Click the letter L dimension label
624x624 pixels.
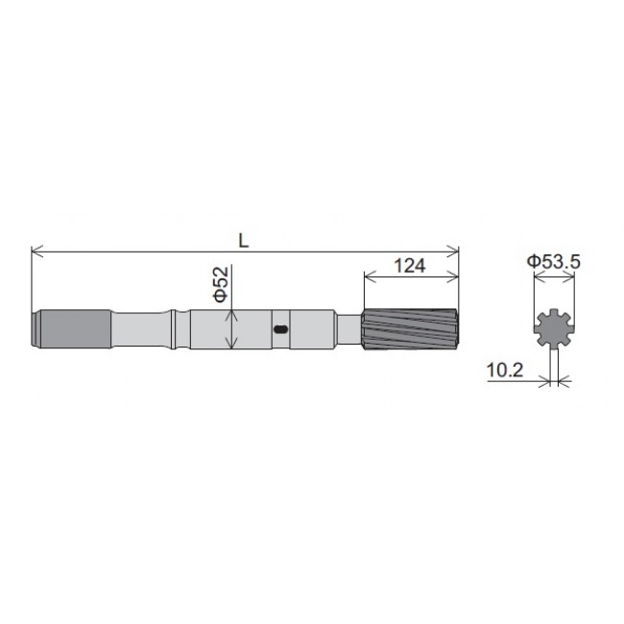[245, 242]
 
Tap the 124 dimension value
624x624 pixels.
[409, 265]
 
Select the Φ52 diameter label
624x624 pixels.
[221, 286]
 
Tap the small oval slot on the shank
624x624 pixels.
[281, 329]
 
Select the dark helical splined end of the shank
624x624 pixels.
[411, 329]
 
